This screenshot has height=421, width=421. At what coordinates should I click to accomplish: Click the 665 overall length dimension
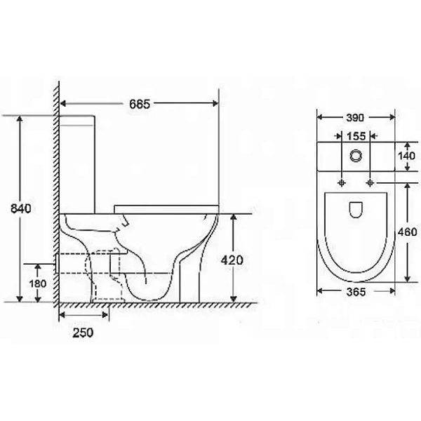point(140,104)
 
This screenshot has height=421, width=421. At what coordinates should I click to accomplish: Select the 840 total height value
point(21,208)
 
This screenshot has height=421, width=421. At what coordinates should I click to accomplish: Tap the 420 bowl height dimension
point(232,260)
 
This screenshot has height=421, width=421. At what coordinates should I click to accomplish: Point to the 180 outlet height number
point(38,283)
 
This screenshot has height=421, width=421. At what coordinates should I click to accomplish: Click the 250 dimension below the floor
point(83,333)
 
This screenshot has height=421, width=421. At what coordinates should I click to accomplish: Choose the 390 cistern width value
point(355,118)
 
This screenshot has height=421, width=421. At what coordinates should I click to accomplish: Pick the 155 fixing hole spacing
point(356,136)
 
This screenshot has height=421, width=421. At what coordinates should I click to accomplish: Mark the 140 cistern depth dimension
point(406,156)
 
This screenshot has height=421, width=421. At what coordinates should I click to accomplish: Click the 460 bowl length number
point(407,232)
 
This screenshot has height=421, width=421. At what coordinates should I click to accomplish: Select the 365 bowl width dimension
point(356,292)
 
